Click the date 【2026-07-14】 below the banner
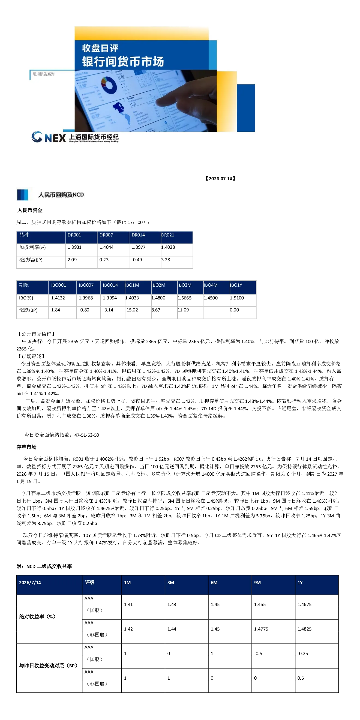pos(220,179)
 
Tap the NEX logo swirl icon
pos(37,137)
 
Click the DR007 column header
pos(106,235)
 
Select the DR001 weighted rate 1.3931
pos(74,247)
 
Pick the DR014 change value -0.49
pos(137,260)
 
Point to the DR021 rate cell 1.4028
pos(168,247)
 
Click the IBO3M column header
pos(184,285)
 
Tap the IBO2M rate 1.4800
pos(158,298)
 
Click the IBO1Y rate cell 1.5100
pos(237,298)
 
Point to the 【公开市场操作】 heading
pos(36,334)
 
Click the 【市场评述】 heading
pos(31,356)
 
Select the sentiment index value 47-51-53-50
pos(87,435)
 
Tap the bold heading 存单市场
pos(26,447)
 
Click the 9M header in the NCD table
pos(257,583)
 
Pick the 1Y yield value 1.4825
pos(304,629)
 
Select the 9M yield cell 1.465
pos(260,605)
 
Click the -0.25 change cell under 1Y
pos(303,654)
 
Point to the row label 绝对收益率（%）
pos(37,617)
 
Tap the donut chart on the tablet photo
pos(109,85)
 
